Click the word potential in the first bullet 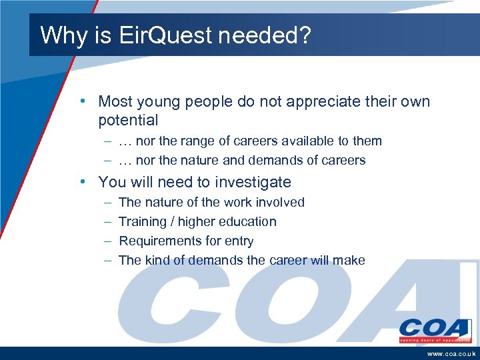pyautogui.click(x=128, y=121)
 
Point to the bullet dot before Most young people pyautogui.click(x=81, y=102)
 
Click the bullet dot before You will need pyautogui.click(x=81, y=182)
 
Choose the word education pyautogui.click(x=248, y=221)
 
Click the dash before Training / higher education pyautogui.click(x=107, y=222)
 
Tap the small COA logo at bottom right pyautogui.click(x=434, y=330)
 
